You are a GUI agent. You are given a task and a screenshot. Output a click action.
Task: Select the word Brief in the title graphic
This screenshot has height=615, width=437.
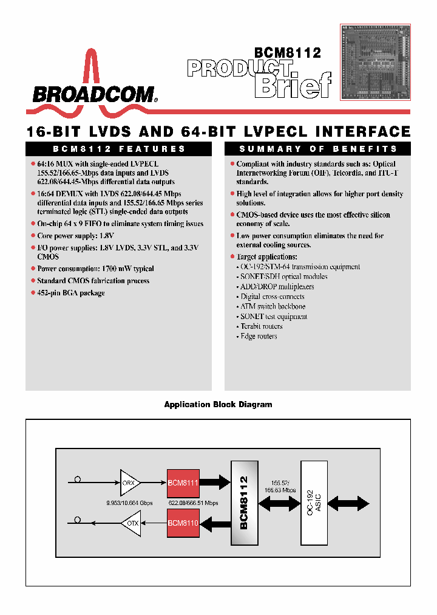click(x=293, y=85)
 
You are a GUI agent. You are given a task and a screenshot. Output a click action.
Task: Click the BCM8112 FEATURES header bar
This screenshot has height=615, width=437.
click(x=118, y=149)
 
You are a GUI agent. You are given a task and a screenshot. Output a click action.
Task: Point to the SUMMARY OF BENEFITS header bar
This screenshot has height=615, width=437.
click(x=317, y=149)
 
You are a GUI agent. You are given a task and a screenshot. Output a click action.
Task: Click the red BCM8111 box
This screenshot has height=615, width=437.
click(x=183, y=483)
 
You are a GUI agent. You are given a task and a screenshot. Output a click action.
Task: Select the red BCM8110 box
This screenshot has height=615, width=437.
click(x=183, y=523)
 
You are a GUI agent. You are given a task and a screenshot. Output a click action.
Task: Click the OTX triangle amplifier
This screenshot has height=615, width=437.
click(x=131, y=523)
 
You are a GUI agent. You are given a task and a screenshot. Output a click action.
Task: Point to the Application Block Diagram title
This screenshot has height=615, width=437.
click(x=218, y=405)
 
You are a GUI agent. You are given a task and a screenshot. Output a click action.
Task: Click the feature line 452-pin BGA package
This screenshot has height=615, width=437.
click(x=70, y=293)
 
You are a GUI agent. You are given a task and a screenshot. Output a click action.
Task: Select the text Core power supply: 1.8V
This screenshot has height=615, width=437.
click(x=75, y=235)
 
